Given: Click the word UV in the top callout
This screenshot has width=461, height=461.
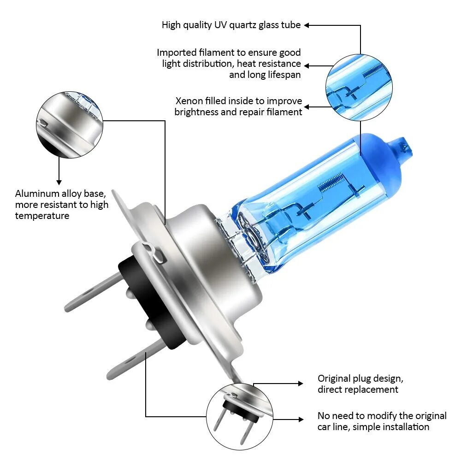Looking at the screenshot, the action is coord(220,25).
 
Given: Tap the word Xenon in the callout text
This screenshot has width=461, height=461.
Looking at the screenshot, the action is coord(189,101).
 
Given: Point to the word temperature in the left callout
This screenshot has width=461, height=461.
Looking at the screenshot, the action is coord(42,216).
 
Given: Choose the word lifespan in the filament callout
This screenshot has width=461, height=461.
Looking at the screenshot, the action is coord(284,75).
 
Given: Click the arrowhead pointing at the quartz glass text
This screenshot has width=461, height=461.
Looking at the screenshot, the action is coord(307,25).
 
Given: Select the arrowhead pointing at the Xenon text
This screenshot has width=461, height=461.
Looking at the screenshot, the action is coord(307,107).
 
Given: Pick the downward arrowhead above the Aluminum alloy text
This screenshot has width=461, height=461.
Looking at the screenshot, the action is coord(59,182).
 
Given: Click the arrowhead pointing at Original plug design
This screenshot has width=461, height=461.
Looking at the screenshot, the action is coord(301,384).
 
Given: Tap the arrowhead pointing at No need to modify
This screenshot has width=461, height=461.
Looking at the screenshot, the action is coord(301,420).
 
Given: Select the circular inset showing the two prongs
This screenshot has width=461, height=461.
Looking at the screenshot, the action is coord(239,417).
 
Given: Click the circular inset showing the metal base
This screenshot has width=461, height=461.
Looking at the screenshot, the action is coord(70,125).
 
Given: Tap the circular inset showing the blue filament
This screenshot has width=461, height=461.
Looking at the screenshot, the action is coord(359,88).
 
